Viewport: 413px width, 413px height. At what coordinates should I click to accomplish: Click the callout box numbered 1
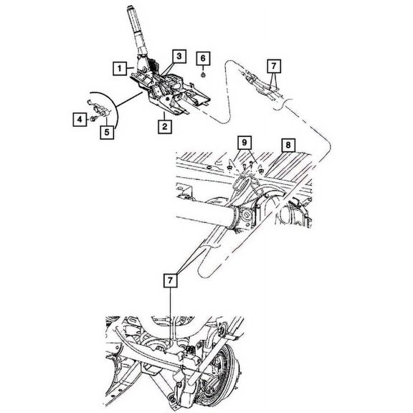[116, 68]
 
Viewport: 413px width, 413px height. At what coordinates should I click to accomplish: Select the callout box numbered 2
[164, 127]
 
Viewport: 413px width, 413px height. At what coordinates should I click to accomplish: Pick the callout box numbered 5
[108, 131]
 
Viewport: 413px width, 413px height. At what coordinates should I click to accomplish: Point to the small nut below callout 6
[204, 72]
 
